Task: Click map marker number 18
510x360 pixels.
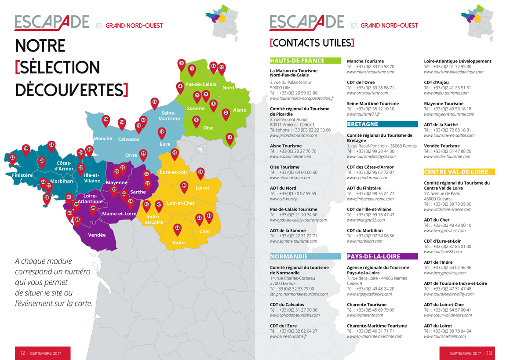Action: pos(154,102)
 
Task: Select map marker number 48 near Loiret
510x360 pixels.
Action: pos(200,172)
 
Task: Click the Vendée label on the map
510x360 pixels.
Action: pos(97,235)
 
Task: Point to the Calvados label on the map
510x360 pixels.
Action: pos(128,139)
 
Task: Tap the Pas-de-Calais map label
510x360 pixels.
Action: pos(200,84)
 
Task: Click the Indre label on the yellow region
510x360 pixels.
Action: pos(178,243)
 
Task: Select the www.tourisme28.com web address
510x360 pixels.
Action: pos(443,252)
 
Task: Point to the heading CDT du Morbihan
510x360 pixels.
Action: pos(364,230)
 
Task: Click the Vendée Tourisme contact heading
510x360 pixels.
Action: pos(441,146)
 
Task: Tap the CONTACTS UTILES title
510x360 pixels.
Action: pos(312,43)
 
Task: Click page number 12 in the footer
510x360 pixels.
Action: pos(23,353)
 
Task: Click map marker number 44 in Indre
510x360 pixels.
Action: pos(177,228)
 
